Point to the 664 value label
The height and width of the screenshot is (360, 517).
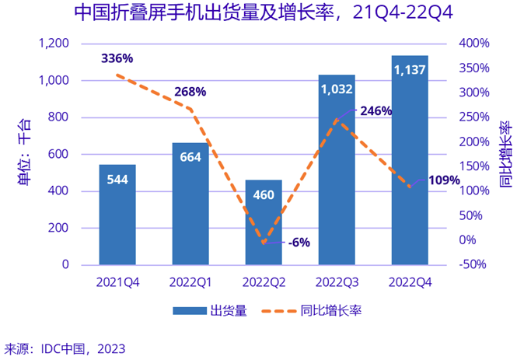pyautogui.click(x=190, y=158)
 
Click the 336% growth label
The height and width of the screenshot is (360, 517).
pyautogui.click(x=117, y=58)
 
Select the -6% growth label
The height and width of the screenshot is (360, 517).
pyautogui.click(x=299, y=242)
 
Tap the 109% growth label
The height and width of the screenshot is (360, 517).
pyautogui.click(x=444, y=180)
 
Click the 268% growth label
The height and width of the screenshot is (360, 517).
pyautogui.click(x=190, y=92)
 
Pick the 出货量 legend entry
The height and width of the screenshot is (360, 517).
pyautogui.click(x=210, y=311)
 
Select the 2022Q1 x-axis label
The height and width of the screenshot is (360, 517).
pyautogui.click(x=190, y=281)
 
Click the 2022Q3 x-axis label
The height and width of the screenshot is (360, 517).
pyautogui.click(x=337, y=281)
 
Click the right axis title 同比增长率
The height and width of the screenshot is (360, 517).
pyautogui.click(x=505, y=155)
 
